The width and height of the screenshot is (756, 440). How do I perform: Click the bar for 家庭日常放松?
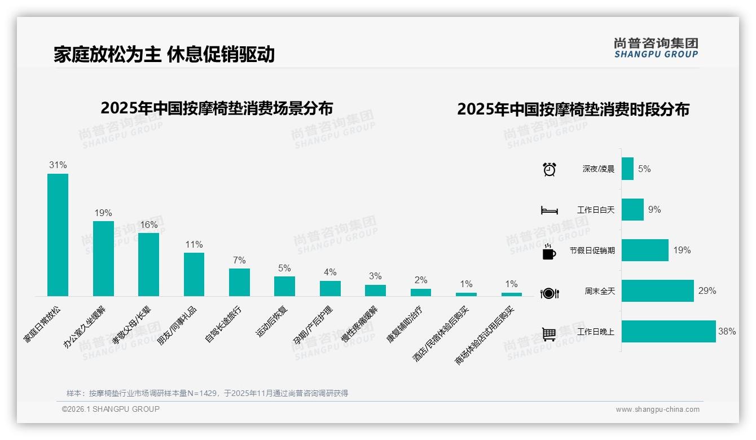pyautogui.click(x=58, y=235)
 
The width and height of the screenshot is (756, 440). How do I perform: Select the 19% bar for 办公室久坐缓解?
pyautogui.click(x=103, y=258)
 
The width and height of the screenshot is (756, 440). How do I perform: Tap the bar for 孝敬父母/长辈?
pyautogui.click(x=148, y=264)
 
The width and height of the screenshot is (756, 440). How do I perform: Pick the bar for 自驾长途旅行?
pyautogui.click(x=239, y=282)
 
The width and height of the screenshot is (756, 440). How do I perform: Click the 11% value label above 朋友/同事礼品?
pyautogui.click(x=194, y=245)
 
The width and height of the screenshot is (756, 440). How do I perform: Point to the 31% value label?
pyautogui.click(x=58, y=165)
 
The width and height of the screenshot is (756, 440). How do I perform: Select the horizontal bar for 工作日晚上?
pyautogui.click(x=669, y=332)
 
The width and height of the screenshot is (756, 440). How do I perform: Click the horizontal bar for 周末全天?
pyautogui.click(x=657, y=291)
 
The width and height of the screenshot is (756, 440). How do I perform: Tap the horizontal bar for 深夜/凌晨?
pyautogui.click(x=627, y=169)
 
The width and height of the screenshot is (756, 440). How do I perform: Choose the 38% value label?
pyautogui.click(x=727, y=332)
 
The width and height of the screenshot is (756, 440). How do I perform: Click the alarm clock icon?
pyautogui.click(x=550, y=169)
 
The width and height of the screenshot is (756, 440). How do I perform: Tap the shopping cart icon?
pyautogui.click(x=549, y=334)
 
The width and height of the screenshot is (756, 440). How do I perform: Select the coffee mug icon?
pyautogui.click(x=549, y=252)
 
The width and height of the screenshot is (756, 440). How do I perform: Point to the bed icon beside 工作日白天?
pyautogui.click(x=549, y=210)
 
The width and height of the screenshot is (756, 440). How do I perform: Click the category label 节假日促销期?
pyautogui.click(x=592, y=250)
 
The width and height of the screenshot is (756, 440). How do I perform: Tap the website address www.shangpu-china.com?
pyautogui.click(x=657, y=410)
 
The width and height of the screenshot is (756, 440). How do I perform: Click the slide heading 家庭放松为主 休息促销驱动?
pyautogui.click(x=164, y=54)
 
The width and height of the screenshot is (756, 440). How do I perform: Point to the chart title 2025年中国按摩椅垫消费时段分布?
pyautogui.click(x=573, y=109)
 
